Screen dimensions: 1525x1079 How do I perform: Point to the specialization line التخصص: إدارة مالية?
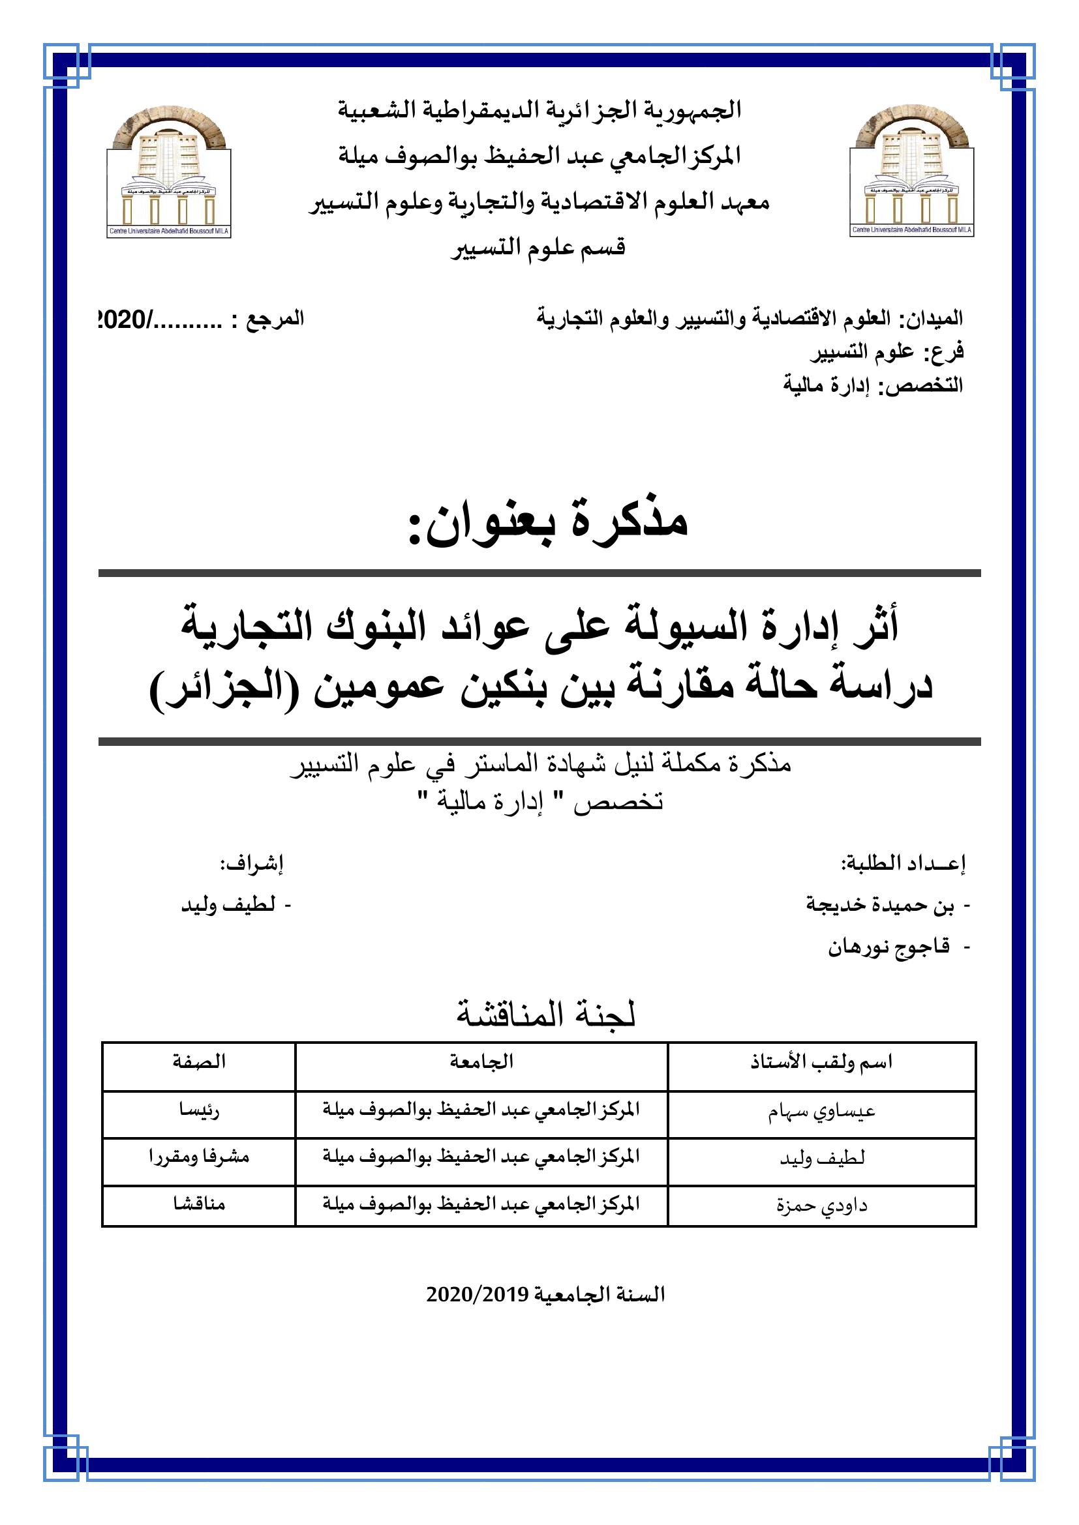(872, 386)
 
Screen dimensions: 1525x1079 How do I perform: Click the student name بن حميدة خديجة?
(880, 906)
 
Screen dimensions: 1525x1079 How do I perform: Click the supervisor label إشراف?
(252, 863)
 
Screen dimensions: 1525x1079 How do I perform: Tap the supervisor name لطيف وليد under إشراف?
(228, 906)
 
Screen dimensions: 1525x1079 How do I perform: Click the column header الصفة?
(199, 1061)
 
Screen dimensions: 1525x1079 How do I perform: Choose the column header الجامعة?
(481, 1061)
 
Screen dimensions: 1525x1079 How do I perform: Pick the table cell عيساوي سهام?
(822, 1112)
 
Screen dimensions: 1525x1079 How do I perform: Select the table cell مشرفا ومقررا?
(199, 1157)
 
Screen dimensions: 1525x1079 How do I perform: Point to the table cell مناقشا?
(199, 1203)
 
